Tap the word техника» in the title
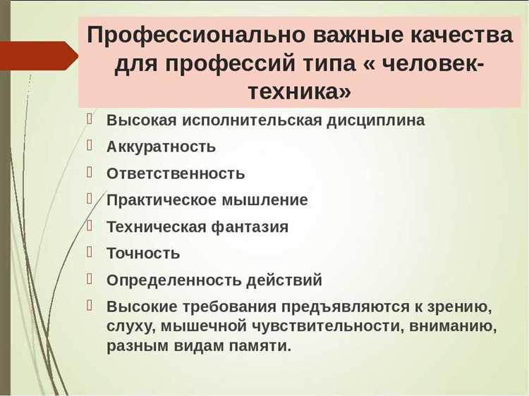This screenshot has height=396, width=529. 300,92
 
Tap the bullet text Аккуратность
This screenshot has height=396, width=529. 161,147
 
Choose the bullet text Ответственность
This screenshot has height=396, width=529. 176,173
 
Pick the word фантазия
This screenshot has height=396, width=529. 250,227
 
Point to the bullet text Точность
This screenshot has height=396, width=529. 143,253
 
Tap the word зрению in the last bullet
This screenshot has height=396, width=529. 458,307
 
